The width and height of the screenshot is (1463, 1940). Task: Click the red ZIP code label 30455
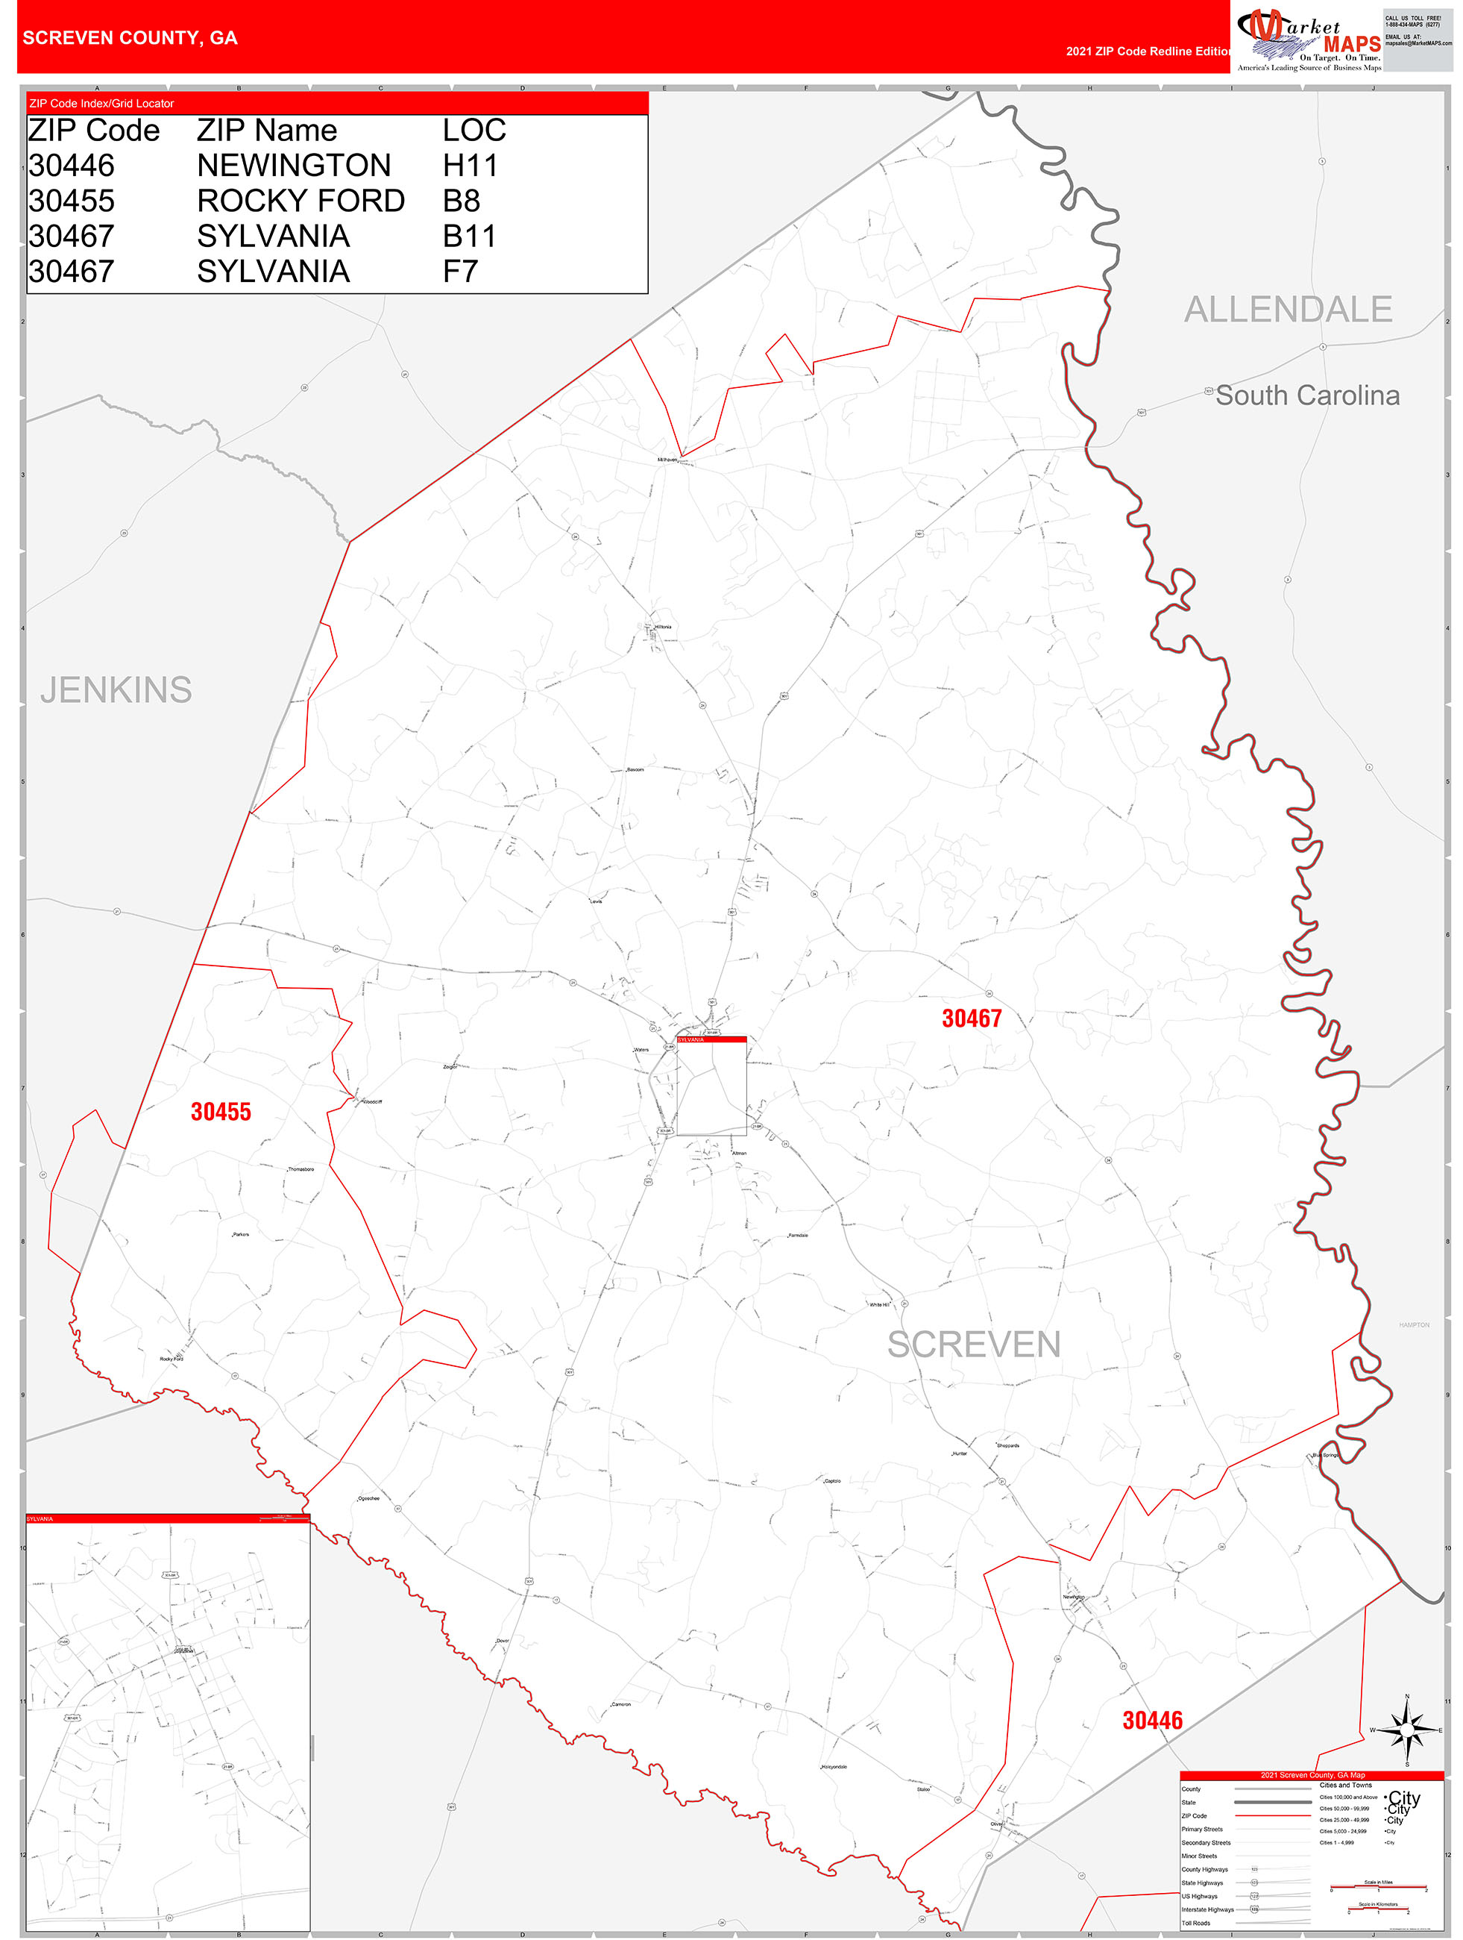(221, 1111)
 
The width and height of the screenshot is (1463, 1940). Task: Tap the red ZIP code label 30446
(1152, 1720)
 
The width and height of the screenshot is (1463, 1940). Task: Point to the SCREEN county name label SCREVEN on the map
(973, 1345)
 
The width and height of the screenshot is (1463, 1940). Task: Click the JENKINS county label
(116, 690)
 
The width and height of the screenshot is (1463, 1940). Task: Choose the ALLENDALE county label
(1288, 310)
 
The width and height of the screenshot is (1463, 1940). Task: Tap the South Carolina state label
(1307, 395)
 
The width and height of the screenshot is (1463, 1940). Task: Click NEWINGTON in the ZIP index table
(294, 166)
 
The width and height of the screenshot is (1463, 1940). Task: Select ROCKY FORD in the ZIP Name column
(301, 201)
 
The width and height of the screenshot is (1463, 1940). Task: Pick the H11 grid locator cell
(470, 166)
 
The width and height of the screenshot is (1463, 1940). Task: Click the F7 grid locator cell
(460, 272)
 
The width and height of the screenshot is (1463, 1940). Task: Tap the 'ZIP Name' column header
(266, 131)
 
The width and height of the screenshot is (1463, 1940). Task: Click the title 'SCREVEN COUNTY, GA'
(130, 38)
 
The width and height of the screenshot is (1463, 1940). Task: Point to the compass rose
(1407, 1730)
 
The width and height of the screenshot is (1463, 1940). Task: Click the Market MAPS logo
(1309, 40)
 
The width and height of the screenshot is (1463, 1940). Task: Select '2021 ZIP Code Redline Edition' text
(1148, 51)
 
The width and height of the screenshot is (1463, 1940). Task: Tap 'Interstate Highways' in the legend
(1207, 1909)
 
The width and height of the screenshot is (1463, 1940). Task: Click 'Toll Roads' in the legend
(1195, 1922)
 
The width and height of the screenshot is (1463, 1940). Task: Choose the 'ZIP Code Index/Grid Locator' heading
(101, 104)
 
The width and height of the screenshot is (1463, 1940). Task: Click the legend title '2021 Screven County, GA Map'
(1312, 1774)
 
